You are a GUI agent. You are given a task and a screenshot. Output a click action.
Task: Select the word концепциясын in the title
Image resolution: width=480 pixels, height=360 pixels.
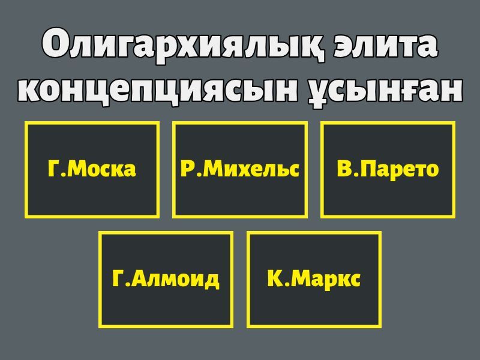[x=158, y=89]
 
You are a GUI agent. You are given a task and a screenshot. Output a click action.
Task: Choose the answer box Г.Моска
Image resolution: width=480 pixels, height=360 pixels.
[x=92, y=170]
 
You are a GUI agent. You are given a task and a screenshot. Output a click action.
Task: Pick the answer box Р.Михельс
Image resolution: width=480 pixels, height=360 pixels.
[x=240, y=170]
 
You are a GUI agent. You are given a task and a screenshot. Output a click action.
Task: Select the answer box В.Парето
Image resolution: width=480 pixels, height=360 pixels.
[x=388, y=170]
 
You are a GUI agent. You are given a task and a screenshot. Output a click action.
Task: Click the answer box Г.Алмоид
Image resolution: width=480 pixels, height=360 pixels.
[x=166, y=280]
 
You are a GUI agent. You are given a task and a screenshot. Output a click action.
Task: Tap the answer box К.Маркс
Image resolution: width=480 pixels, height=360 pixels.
[x=314, y=280]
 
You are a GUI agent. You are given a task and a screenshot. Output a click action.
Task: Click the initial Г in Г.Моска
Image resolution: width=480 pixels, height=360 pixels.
[x=53, y=169]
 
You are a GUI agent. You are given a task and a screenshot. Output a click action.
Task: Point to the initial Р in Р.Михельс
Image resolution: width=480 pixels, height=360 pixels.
[x=187, y=169]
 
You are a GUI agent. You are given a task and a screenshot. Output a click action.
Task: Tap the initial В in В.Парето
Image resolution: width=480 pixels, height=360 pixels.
[x=343, y=169]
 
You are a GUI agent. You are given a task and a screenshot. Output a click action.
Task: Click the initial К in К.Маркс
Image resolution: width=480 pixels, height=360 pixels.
[x=274, y=278]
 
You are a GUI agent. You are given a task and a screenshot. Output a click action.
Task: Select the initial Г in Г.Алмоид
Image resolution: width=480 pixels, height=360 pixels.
[x=118, y=278]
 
